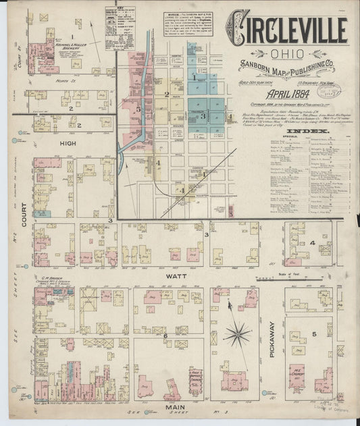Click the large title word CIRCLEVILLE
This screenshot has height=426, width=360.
click(x=286, y=30)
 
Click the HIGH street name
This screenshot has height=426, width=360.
click(x=68, y=143)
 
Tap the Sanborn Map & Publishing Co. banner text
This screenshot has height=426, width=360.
click(x=286, y=66)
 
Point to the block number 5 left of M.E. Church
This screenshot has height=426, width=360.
click(x=315, y=336)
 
